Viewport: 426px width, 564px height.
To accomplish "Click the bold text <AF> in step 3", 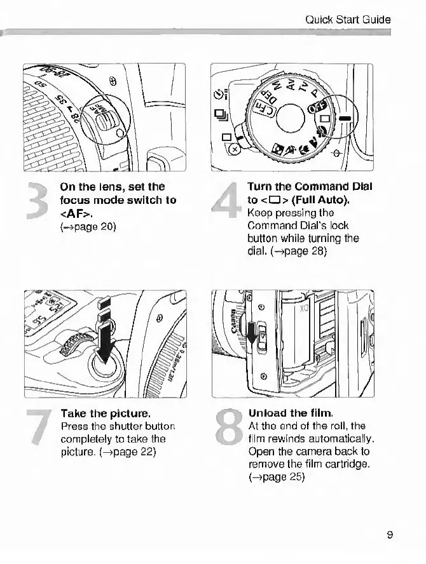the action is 76,213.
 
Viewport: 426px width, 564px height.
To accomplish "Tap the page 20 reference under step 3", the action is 88,225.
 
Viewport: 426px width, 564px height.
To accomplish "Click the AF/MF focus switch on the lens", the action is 101,117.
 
